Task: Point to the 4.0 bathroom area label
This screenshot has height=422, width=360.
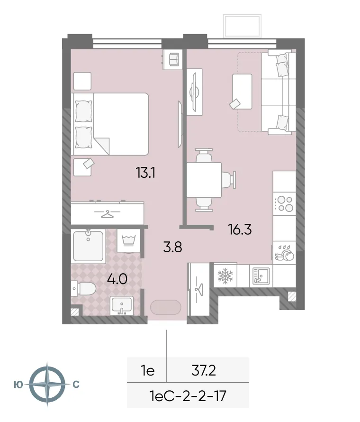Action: [x=117, y=278]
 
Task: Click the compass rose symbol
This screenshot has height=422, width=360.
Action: [x=47, y=384]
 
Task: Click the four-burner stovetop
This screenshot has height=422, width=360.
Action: [x=285, y=203]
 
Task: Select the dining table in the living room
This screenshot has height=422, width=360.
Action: [x=204, y=180]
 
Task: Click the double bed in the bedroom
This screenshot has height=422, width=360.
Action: [x=110, y=124]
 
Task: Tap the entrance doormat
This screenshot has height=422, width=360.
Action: [x=165, y=307]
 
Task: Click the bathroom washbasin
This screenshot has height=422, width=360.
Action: [x=122, y=306]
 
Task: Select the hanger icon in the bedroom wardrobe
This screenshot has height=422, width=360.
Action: [x=108, y=213]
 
